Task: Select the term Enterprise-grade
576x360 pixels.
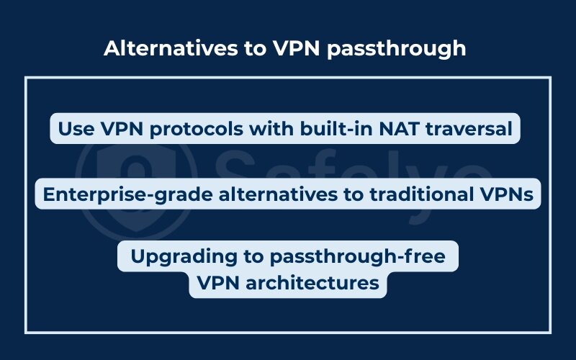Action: point(119,195)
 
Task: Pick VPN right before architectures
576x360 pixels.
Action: point(218,283)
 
